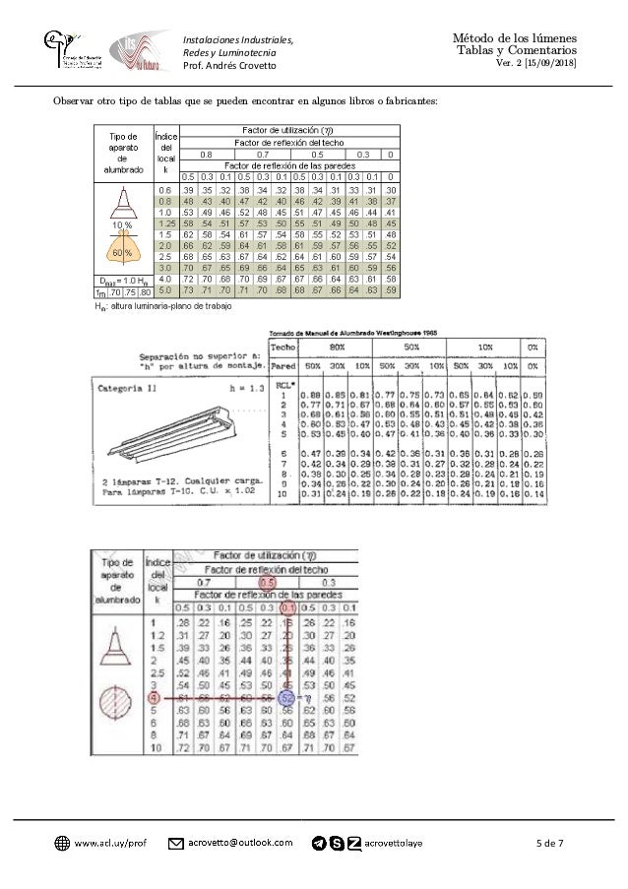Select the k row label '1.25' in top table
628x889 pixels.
164,223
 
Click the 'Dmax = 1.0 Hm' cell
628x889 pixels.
122,281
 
